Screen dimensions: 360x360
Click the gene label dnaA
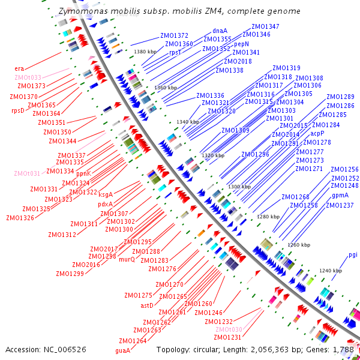click(220, 31)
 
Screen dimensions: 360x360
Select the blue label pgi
click(353, 255)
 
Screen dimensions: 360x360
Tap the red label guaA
click(122, 350)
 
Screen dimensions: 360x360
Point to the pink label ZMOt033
click(28, 77)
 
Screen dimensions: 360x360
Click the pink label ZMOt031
click(27, 173)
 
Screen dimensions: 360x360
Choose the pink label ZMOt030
click(229, 330)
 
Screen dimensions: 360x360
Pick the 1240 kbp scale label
click(330, 271)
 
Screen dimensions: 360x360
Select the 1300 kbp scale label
click(239, 187)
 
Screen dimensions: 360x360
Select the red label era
click(20, 68)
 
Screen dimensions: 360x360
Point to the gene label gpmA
click(340, 196)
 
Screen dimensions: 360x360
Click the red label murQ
click(127, 260)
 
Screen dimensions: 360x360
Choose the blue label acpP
click(317, 133)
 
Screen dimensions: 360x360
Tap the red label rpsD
click(18, 110)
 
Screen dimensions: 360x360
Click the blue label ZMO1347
click(265, 26)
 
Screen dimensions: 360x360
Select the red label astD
click(147, 305)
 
